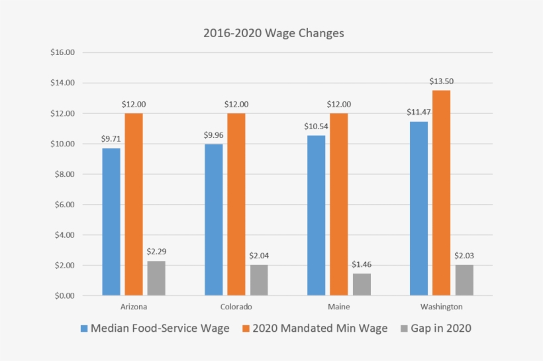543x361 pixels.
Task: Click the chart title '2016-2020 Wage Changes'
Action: (x=273, y=33)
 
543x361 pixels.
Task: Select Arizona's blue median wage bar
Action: (x=111, y=222)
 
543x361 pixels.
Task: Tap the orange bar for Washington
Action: (x=442, y=193)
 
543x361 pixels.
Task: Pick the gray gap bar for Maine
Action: (x=362, y=284)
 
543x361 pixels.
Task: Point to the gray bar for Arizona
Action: (x=156, y=278)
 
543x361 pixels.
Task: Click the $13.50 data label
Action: (x=442, y=81)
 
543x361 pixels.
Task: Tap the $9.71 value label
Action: (x=111, y=139)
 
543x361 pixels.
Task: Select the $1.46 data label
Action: (x=362, y=265)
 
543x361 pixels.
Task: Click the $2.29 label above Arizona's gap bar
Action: (x=156, y=252)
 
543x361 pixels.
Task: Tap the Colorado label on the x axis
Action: (x=236, y=307)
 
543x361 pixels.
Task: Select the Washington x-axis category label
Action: (x=442, y=307)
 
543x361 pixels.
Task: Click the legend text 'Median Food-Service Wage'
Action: (x=160, y=329)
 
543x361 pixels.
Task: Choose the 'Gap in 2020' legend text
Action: (x=441, y=329)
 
